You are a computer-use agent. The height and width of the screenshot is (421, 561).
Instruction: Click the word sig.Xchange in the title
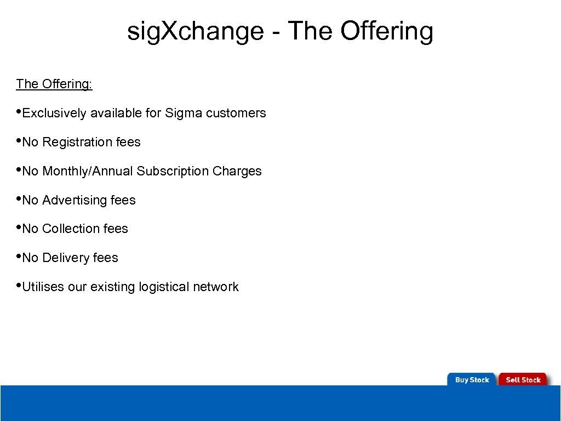(x=195, y=32)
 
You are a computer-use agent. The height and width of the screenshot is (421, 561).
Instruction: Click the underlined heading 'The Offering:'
(x=54, y=84)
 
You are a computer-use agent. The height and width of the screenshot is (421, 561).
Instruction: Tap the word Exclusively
(x=55, y=113)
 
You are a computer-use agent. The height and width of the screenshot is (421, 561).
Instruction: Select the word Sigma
(x=184, y=113)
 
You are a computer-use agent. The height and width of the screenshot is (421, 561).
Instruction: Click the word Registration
(x=77, y=143)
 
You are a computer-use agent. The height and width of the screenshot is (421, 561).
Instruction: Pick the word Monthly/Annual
(x=88, y=172)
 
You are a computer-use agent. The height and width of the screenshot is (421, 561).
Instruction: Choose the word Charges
(x=237, y=172)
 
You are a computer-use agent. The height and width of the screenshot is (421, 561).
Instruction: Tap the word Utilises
(x=43, y=287)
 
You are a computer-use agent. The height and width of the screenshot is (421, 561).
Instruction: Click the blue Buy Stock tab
(x=472, y=379)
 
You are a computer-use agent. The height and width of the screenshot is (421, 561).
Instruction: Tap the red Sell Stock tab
(x=523, y=379)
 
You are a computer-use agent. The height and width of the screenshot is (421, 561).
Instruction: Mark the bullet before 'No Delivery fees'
(x=19, y=256)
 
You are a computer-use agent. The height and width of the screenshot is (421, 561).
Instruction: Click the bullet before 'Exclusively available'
(x=19, y=111)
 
